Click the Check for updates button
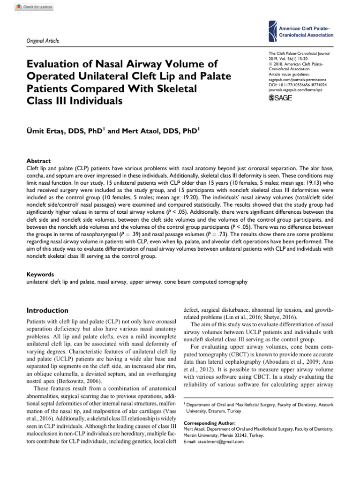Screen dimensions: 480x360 tap(34, 7)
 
